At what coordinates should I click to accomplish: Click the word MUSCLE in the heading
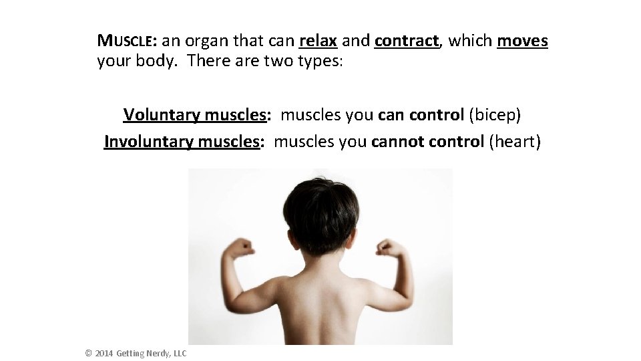point(127,41)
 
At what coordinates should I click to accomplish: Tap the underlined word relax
point(318,41)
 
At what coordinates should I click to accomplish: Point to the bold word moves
point(522,41)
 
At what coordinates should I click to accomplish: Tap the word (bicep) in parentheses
point(495,115)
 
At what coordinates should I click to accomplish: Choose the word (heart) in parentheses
point(515,142)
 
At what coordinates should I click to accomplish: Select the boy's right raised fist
point(387,248)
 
